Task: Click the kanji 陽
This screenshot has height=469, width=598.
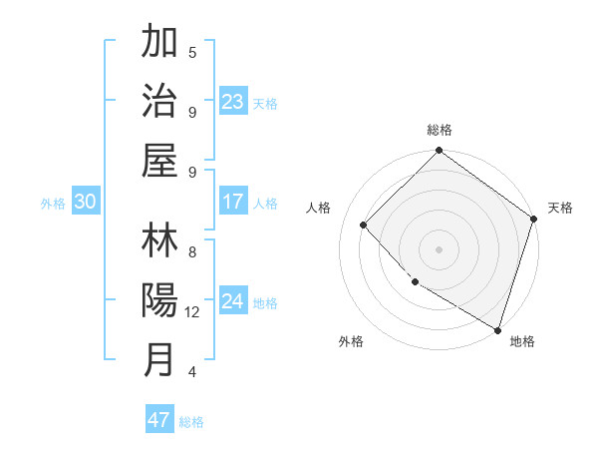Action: tap(159, 300)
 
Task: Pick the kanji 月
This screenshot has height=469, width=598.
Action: tap(159, 359)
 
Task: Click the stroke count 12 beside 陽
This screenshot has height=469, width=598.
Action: tap(192, 312)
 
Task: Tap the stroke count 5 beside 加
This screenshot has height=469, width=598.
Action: tap(192, 53)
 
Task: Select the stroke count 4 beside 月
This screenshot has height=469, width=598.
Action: tap(192, 372)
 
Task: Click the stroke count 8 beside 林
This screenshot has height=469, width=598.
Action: tap(192, 252)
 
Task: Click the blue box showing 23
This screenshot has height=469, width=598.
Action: tap(232, 102)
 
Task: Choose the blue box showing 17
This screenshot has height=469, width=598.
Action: tap(232, 202)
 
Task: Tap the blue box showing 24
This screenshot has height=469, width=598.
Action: tap(232, 301)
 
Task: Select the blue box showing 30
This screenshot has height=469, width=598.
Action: tap(85, 202)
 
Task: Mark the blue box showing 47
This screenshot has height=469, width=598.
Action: tap(158, 420)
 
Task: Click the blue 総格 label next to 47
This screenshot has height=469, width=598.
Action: tap(191, 422)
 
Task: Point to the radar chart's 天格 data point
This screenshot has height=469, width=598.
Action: tap(533, 220)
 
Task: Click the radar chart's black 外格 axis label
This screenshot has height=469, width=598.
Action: tap(351, 341)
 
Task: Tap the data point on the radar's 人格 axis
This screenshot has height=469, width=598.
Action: tap(364, 225)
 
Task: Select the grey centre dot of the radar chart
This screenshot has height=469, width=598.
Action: tap(439, 248)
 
